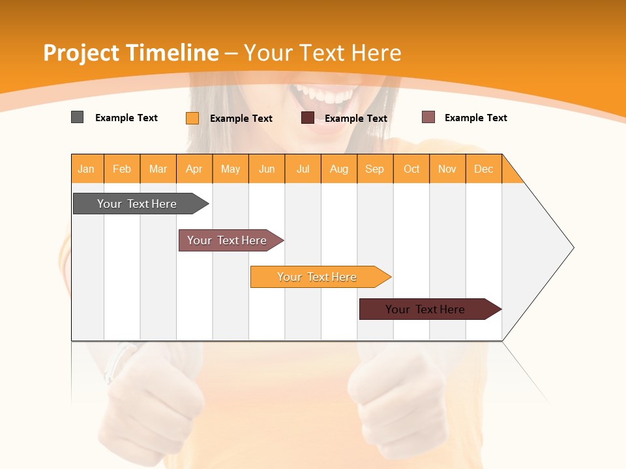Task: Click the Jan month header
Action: pos(87,169)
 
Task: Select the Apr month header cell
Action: pos(194,169)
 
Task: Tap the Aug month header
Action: pos(339,169)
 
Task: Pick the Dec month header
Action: pos(484,169)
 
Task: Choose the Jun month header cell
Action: pos(267,169)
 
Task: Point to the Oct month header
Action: pos(411,169)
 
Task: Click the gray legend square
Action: pos(77,117)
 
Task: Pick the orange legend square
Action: pos(192,118)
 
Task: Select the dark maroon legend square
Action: pos(307,118)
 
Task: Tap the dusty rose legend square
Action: pos(428,117)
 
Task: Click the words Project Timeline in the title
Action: pos(130,53)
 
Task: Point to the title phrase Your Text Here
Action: pos(323,53)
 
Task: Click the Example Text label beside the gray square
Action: pos(127,118)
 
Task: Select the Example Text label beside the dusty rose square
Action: pos(476,118)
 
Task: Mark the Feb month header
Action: pos(122,169)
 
